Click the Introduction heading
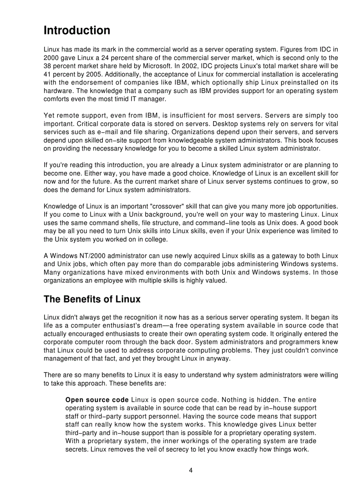coord(77,30)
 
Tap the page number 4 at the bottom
coord(191,470)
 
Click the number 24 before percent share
coord(101,57)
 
